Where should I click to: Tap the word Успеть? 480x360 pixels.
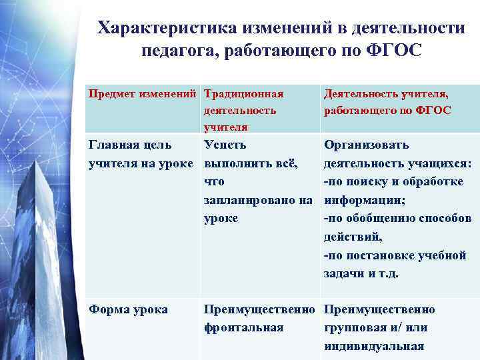coord(226,145)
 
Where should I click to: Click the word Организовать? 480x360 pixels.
coord(366,145)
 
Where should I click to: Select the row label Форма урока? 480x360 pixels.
coord(129,309)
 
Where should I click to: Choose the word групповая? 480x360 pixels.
coord(356,328)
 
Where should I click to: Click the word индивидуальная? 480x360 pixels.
coord(374,346)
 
